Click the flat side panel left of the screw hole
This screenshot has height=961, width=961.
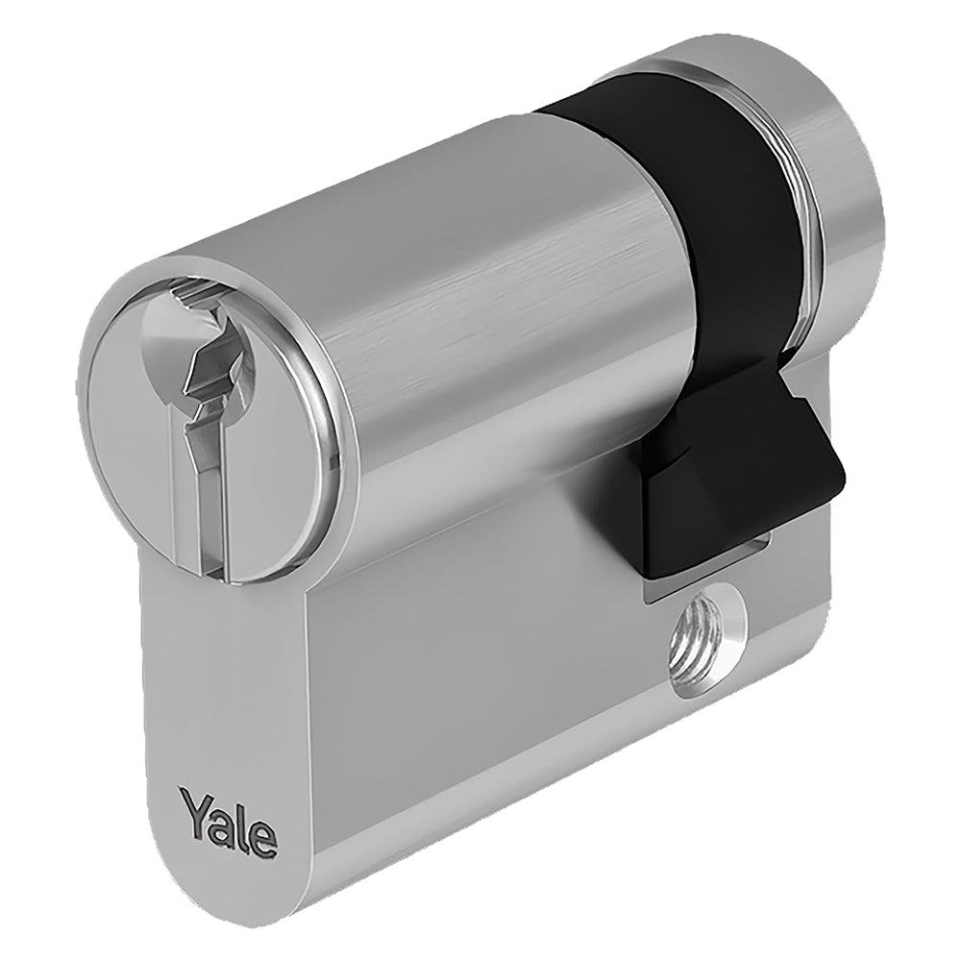(x=480, y=673)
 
